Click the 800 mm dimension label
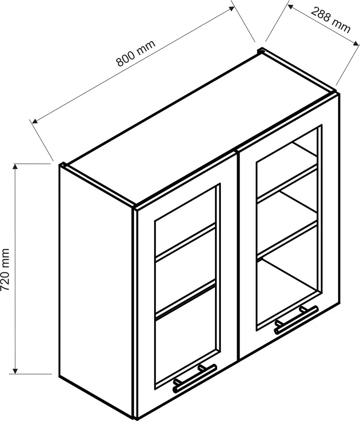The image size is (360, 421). (136, 53)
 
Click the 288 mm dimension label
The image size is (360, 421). (331, 20)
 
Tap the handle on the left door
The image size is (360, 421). (194, 378)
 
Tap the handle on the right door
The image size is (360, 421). (296, 319)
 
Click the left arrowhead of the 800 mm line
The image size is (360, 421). (35, 121)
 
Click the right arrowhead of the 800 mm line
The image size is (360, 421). (231, 9)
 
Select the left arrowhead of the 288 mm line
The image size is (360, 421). (291, 7)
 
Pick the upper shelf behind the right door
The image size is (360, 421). (287, 184)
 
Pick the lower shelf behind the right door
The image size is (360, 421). (287, 240)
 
